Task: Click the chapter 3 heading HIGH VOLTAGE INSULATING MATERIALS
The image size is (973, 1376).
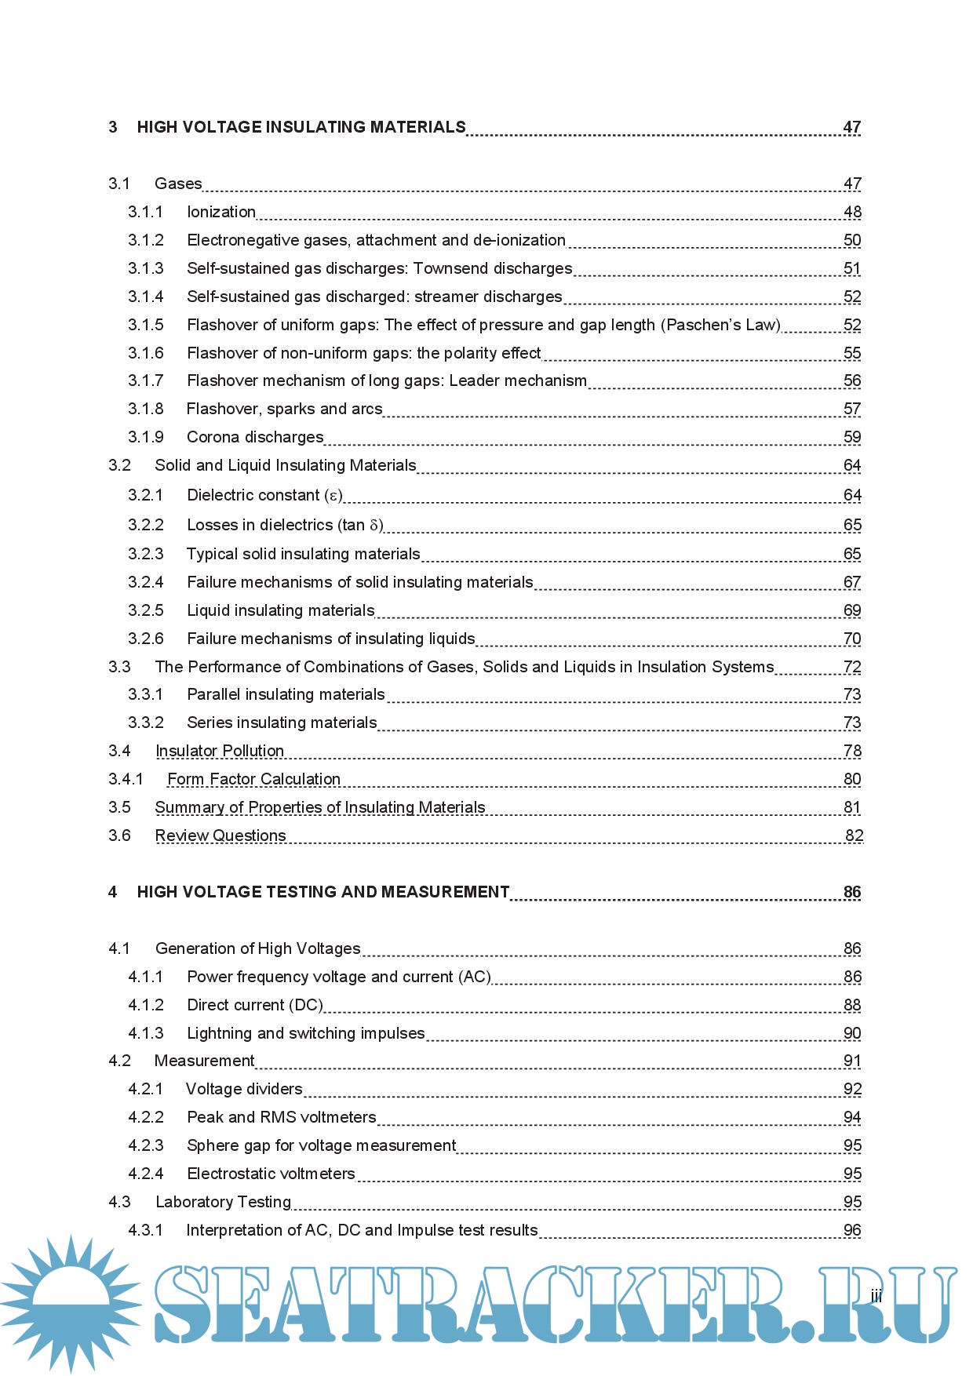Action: point(301,127)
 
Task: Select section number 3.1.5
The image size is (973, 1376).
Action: point(146,325)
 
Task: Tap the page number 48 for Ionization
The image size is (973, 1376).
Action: point(852,212)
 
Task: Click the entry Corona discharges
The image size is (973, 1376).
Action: point(255,437)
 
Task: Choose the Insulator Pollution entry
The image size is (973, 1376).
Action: point(220,751)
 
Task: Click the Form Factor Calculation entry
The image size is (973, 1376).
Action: point(254,779)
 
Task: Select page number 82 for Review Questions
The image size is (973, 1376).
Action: point(854,835)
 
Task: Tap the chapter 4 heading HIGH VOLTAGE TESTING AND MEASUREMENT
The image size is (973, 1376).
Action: point(323,892)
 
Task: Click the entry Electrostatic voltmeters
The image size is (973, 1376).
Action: point(271,1174)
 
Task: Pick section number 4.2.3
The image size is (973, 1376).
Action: point(146,1145)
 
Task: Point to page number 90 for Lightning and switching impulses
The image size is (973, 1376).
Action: point(852,1033)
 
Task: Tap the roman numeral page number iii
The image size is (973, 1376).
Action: point(876,1297)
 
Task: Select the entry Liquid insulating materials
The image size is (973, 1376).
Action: point(281,610)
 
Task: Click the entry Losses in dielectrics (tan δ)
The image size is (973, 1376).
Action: point(285,525)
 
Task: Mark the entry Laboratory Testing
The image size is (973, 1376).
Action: point(223,1202)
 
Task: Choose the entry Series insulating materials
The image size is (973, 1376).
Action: point(282,723)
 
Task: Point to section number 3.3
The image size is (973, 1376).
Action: point(119,667)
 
